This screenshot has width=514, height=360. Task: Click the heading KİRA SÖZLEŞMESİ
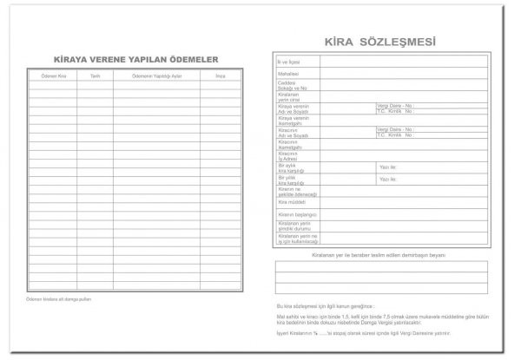(379, 42)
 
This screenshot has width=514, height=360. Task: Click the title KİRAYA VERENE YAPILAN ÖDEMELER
(135, 59)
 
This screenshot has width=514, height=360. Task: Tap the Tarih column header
(95, 76)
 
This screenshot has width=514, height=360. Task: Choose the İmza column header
(220, 76)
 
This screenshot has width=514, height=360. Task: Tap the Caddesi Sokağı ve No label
(292, 87)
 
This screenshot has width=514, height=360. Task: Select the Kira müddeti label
(289, 201)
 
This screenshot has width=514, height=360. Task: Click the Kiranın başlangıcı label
(293, 213)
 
